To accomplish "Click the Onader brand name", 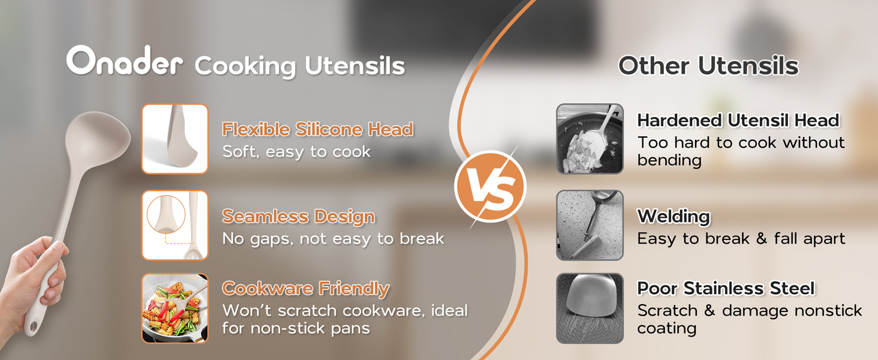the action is click(x=124, y=61).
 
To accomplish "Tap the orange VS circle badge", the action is click(x=491, y=187).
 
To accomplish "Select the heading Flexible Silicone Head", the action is click(x=317, y=129).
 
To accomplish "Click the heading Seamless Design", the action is click(x=298, y=217).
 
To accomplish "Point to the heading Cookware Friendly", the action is click(x=306, y=289).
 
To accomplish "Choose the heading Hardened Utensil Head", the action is click(x=738, y=121).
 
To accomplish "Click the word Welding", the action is click(x=673, y=217).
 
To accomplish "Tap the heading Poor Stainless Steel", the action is click(x=726, y=288).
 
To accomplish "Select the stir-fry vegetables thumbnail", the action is click(x=175, y=308).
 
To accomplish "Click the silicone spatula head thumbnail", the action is click(x=175, y=139).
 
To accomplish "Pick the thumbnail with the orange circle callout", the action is click(x=175, y=225).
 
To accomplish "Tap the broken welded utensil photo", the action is click(x=590, y=225).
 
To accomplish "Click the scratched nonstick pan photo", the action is click(x=590, y=308).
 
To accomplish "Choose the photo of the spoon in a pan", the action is click(x=590, y=139).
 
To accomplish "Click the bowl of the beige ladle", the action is click(x=97, y=140).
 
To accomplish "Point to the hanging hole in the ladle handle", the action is click(x=33, y=326).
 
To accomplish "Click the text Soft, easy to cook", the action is click(x=296, y=152).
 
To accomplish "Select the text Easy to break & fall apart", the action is click(x=741, y=238).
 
